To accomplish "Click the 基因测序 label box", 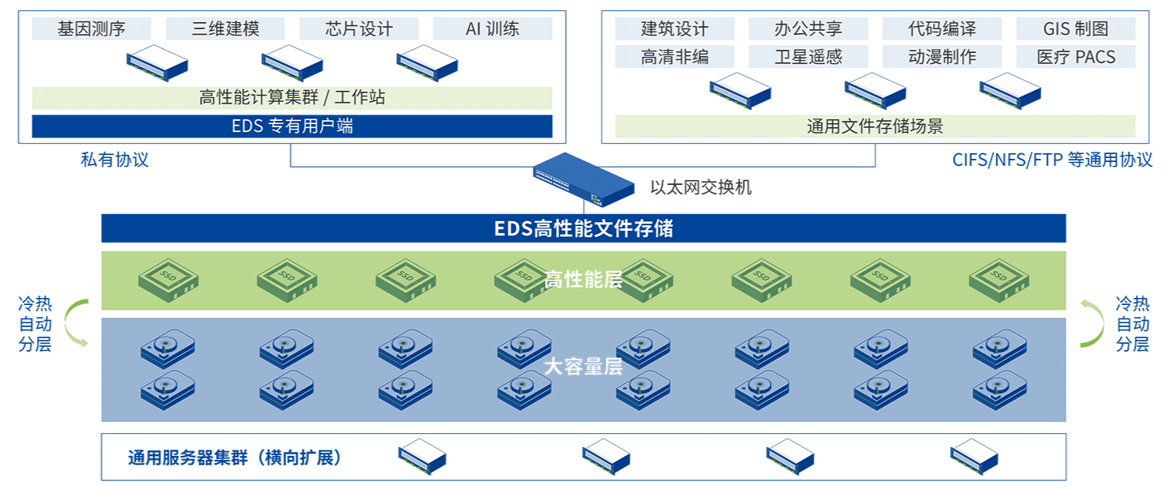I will pos(91,29).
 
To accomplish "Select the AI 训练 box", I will pos(492,29).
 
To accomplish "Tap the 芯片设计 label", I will pos(358,29).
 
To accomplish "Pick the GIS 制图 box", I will pos(1075,29).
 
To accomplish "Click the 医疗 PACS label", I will pos(1075,57).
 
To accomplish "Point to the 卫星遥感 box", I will pos(808,57).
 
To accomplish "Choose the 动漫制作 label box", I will pos(941,57).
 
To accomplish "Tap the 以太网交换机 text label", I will pos(701,187).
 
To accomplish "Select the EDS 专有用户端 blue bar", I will pos(292,126).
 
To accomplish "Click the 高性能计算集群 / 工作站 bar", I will pos(292,98).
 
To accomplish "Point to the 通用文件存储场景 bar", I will pos(875,126).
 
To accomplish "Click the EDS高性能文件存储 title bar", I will pos(583,228).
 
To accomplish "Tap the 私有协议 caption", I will pos(115,160).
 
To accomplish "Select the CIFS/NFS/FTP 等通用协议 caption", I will pos(1052,160).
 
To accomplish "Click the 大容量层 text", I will pos(583,367).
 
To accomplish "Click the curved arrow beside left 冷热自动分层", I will pos(75,323).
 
